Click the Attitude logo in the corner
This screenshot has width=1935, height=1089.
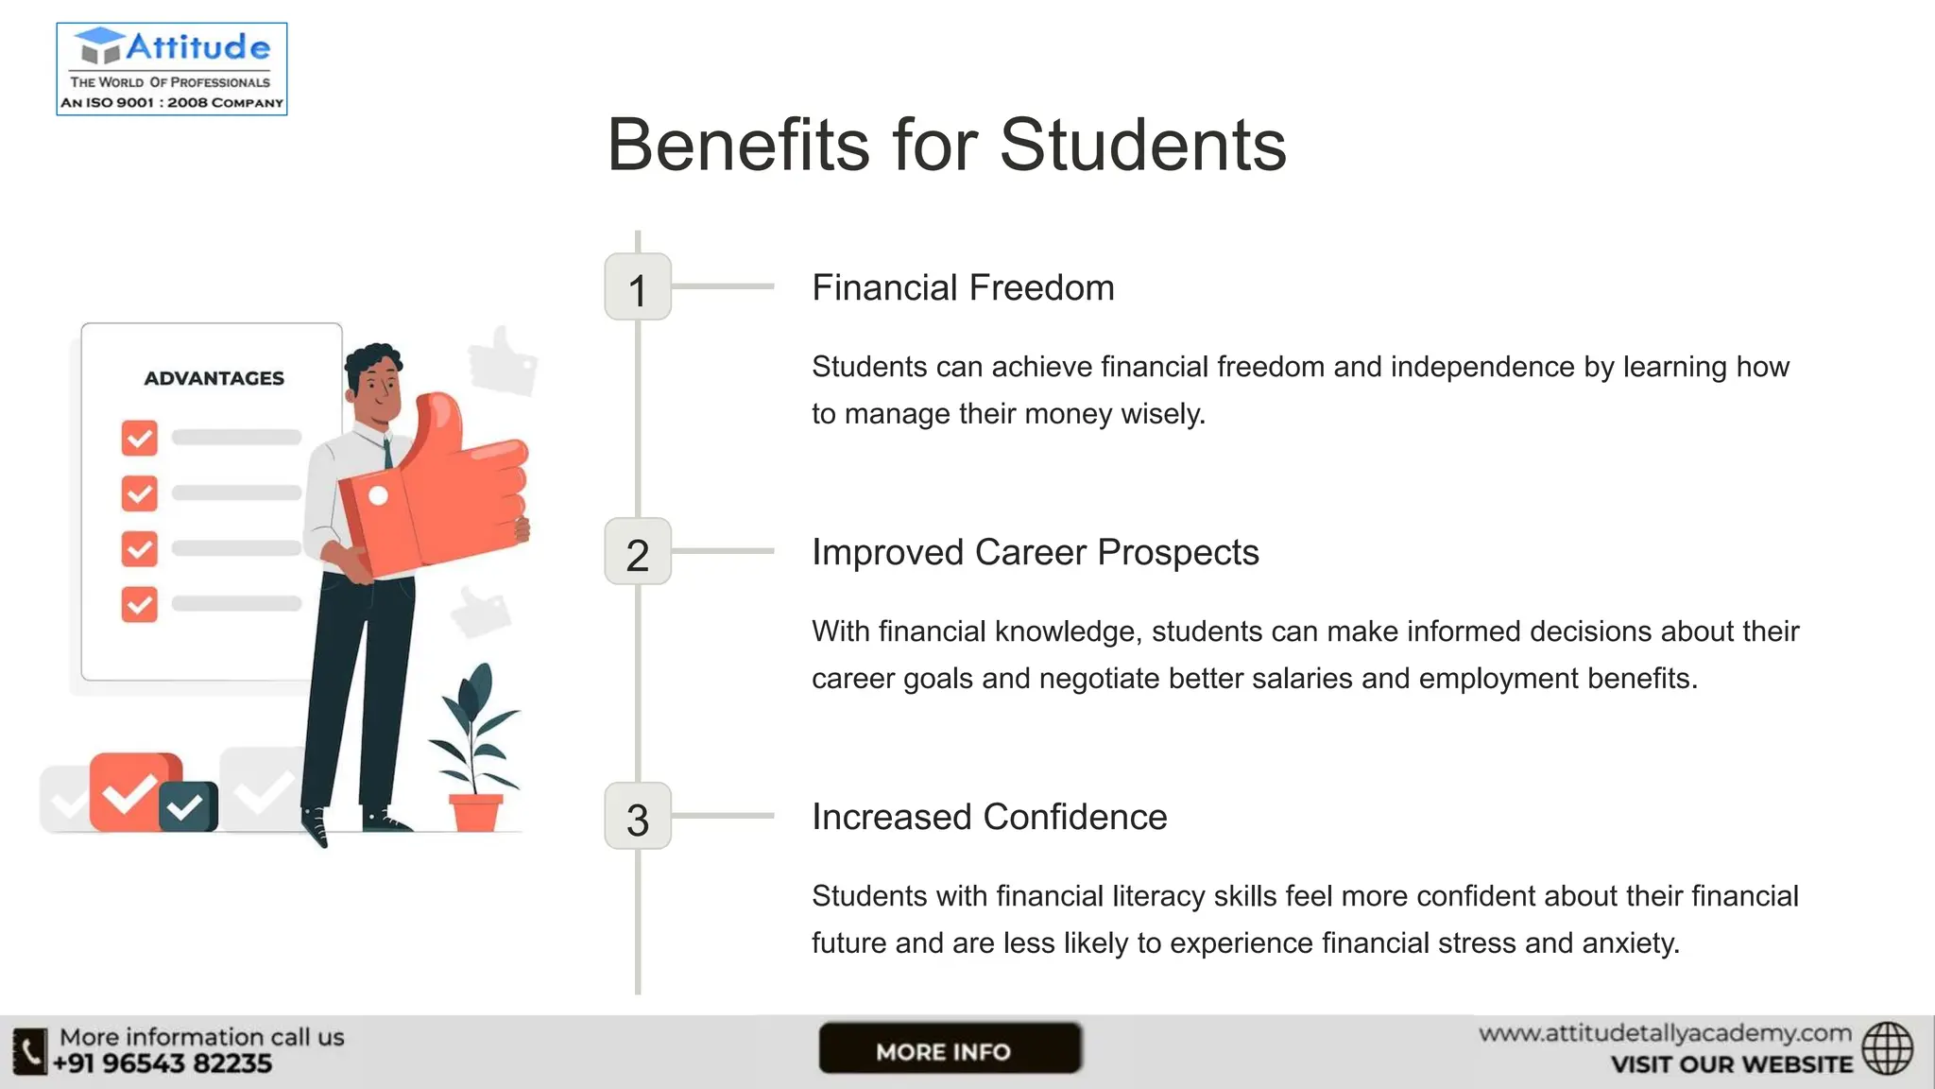172,69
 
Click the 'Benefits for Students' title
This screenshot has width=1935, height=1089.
946,146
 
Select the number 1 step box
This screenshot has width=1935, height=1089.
638,287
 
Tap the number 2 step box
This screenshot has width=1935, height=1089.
638,552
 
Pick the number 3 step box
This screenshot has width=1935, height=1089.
638,817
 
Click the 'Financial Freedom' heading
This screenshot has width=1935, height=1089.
963,288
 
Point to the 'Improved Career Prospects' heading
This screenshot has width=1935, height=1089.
1035,553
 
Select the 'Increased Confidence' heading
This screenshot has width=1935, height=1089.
989,818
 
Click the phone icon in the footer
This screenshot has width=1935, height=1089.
29,1051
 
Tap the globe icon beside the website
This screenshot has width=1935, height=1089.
1887,1048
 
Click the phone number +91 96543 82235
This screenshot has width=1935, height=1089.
163,1064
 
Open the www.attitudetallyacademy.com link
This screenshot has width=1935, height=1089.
1665,1033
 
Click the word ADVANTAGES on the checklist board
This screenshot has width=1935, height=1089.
214,378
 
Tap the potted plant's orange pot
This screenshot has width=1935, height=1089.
475,812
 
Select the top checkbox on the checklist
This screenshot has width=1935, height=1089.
140,438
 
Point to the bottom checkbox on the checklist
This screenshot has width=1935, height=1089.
140,604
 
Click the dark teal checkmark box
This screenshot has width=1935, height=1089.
187,806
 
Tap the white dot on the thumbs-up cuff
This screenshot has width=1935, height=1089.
378,495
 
